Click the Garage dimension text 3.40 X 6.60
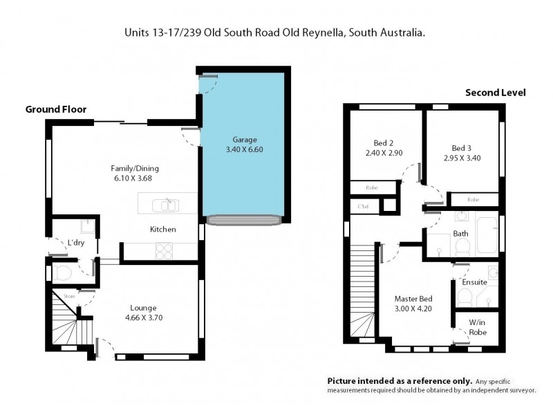point(241,149)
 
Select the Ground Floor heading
point(56,109)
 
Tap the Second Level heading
point(495,92)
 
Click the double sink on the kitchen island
point(167,205)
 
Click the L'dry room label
point(76,243)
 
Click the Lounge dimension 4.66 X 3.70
point(144,318)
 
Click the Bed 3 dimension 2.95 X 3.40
point(462,158)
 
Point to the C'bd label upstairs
point(362,206)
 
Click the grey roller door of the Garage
point(243,219)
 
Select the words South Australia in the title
point(388,32)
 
